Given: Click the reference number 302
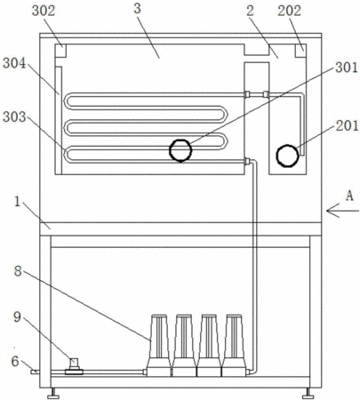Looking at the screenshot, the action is point(44,11).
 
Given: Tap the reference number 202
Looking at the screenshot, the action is point(289,11).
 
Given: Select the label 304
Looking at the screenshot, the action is point(14,63).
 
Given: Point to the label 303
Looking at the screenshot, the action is point(14,117).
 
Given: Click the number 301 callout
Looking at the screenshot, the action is point(347,68).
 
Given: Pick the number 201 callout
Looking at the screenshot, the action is point(347,126).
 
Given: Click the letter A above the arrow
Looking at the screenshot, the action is point(350,196).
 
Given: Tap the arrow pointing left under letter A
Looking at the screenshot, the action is point(343,211).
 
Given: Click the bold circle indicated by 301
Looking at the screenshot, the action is point(180,150).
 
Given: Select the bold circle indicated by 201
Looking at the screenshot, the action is point(287,156).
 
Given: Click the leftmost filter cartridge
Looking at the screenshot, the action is point(159,345).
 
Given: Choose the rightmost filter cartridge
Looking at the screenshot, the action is point(235,345).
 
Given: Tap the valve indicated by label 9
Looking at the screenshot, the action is point(74,367).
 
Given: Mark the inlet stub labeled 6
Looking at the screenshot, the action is point(35,372).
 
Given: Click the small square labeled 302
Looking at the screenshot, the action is point(60,51).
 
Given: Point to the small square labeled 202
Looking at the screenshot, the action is point(300,51).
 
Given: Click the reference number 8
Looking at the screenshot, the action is point(18,270).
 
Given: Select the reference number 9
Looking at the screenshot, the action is point(18,316).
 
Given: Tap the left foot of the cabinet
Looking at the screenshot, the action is point(53,393).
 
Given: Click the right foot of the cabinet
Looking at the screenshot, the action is point(308,393).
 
